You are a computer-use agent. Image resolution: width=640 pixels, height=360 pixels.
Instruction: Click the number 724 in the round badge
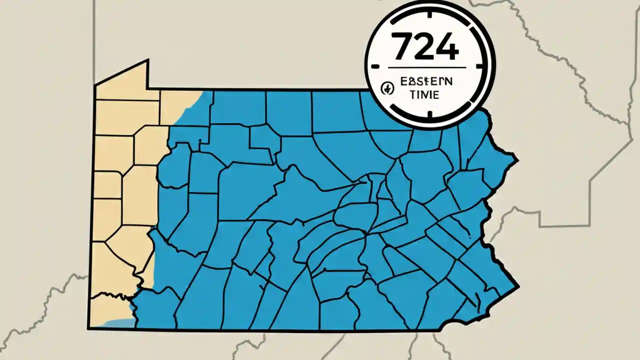tap(425, 48)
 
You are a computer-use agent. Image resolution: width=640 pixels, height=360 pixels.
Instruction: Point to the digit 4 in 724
tap(446, 48)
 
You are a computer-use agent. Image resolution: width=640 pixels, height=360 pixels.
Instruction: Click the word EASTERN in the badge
tap(426, 81)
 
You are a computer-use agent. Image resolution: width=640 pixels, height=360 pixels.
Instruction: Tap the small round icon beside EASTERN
tap(386, 88)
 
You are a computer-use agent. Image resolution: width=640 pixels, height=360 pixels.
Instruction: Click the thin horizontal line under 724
tap(426, 67)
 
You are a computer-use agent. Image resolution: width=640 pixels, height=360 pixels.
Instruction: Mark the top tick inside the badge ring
tap(430, 6)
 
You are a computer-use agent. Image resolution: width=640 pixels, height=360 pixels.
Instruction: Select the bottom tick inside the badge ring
tap(430, 118)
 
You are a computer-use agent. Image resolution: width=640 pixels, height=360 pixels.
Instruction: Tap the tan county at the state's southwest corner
tap(107, 307)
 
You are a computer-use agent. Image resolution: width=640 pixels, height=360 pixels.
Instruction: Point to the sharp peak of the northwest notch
tap(148, 60)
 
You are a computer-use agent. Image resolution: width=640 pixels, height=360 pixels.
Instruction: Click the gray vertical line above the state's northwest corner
tap(94, 40)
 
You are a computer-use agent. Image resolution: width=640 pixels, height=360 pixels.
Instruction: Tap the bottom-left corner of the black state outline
tap(88, 328)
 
